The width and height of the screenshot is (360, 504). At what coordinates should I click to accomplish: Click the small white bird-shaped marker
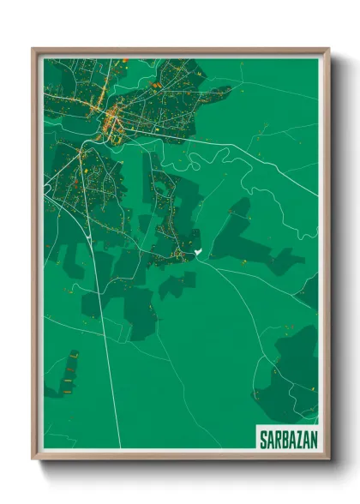(x=197, y=251)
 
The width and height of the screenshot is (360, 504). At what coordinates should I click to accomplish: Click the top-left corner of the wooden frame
(x=33, y=50)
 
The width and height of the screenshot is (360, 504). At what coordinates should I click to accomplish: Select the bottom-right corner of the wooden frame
(x=328, y=459)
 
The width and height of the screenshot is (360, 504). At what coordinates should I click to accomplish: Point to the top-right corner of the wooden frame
(x=328, y=50)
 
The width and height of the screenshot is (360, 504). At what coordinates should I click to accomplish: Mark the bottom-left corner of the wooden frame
(x=33, y=459)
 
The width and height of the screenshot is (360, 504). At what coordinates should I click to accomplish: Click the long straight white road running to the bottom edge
(x=109, y=369)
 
